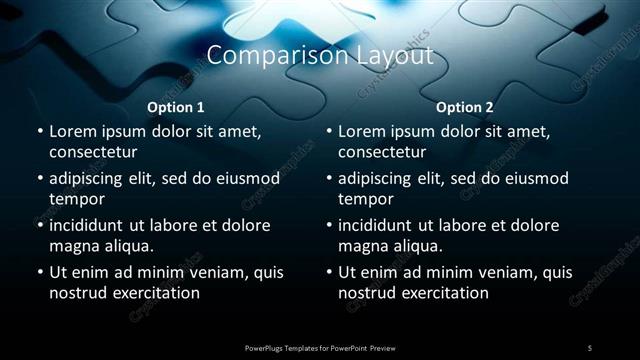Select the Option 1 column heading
(x=176, y=107)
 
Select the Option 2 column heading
(x=465, y=107)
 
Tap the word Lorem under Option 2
(x=361, y=131)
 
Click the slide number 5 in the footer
(x=589, y=347)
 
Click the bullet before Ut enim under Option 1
(x=38, y=272)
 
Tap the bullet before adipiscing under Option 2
(x=328, y=178)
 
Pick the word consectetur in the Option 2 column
(x=383, y=152)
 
